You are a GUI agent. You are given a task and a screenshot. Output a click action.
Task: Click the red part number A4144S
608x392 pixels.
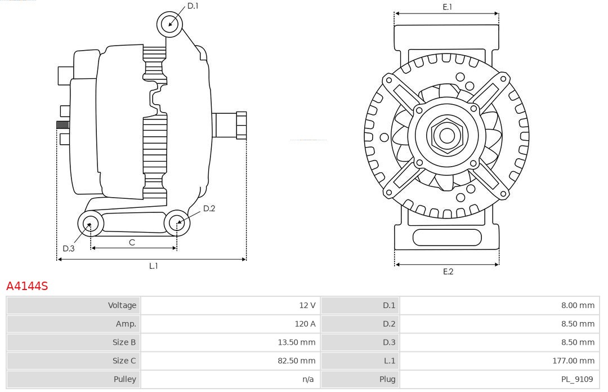pos(27,286)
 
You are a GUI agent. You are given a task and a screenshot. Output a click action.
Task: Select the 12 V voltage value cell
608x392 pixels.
pos(307,305)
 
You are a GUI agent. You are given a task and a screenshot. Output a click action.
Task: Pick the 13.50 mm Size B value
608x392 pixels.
pos(296,342)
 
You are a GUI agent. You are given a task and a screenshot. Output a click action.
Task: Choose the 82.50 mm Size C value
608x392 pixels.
pos(296,360)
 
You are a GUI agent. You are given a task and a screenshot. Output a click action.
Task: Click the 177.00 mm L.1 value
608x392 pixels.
pos(573,360)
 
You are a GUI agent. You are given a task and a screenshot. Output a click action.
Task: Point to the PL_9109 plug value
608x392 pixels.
pos(577,379)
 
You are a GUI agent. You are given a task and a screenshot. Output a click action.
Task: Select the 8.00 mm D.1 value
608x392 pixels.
pos(578,305)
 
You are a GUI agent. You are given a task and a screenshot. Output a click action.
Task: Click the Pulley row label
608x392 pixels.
pos(124,379)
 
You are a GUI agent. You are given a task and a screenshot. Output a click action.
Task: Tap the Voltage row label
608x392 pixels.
pos(122,305)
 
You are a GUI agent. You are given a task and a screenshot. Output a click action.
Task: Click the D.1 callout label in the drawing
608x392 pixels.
pos(193,6)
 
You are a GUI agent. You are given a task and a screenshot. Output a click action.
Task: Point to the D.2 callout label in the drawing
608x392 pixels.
pos(209,208)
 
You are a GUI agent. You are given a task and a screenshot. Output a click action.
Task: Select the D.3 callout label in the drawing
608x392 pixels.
pos(69,248)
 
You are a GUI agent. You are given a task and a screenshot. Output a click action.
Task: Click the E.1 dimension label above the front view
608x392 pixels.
pos(448,7)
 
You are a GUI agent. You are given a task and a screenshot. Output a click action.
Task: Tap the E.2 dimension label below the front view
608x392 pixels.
pos(448,271)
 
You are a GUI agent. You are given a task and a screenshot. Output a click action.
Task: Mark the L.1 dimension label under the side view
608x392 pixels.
pos(154,266)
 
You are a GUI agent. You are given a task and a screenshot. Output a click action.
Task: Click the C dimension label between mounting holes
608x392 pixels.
pos(132,243)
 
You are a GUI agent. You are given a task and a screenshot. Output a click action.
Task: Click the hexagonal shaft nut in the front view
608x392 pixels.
pos(447,136)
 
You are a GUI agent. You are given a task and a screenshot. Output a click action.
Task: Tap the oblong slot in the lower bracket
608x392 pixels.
pos(447,238)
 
